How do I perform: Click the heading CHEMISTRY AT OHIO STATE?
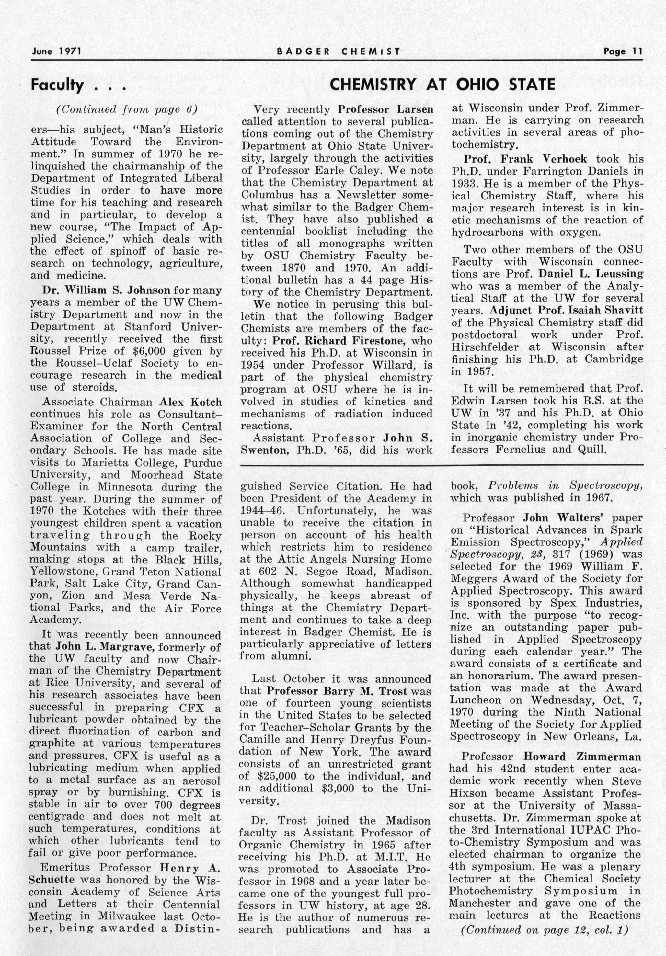pos(442,85)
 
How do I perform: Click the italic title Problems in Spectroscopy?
pos(565,486)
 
